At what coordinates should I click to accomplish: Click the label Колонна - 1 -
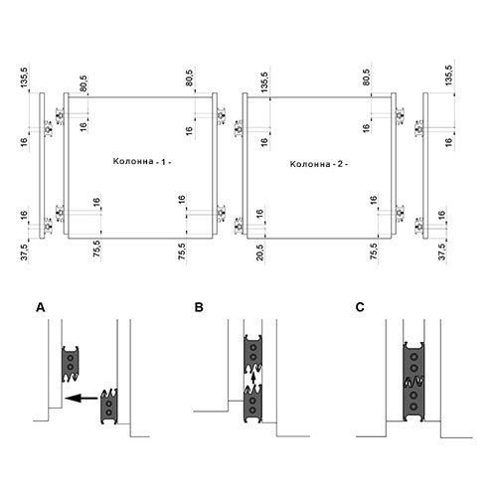[142, 162]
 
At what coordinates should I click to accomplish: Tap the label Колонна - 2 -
[319, 164]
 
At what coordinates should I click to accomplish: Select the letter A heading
[41, 307]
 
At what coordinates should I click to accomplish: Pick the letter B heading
[199, 307]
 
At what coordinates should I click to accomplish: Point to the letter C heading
[360, 307]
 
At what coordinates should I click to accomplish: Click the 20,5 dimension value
[260, 252]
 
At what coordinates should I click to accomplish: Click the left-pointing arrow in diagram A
[82, 398]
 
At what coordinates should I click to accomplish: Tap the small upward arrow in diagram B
[253, 378]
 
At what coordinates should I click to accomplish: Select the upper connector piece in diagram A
[71, 364]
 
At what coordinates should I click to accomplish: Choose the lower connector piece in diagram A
[109, 407]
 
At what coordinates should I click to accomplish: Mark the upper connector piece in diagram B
[253, 353]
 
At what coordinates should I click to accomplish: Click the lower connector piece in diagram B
[253, 404]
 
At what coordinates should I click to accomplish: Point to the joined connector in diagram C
[414, 382]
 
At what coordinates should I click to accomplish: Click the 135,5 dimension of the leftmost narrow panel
[25, 77]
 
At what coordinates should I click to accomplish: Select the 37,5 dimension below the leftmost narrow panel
[25, 251]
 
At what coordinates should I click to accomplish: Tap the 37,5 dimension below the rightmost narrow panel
[442, 251]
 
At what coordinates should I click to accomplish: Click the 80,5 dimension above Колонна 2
[367, 77]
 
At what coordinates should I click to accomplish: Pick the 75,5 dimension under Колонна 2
[374, 251]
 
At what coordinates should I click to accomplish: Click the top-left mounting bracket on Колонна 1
[60, 116]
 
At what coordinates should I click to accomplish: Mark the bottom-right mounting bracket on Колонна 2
[400, 213]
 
